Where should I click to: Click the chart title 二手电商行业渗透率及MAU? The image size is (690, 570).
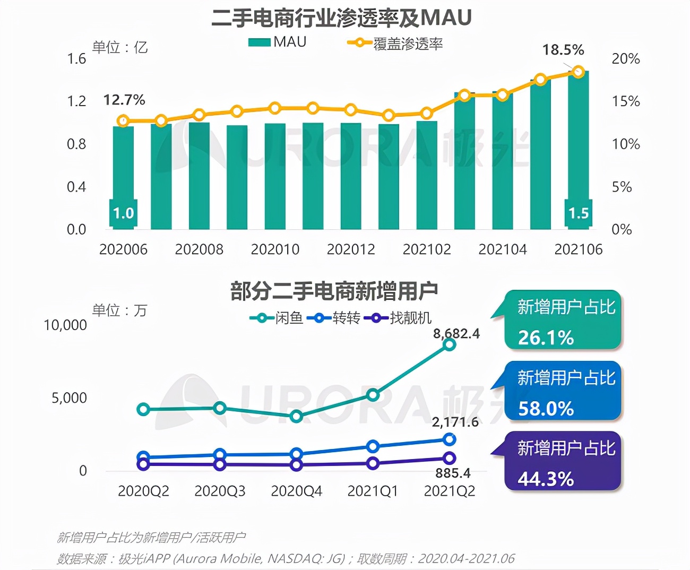pos(341,18)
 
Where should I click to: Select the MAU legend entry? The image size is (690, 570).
pos(277,42)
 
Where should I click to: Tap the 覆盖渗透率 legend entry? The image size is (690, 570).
pos(395,44)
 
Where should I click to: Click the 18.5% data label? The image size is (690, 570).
pos(563,50)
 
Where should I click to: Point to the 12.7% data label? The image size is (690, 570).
pos(124,100)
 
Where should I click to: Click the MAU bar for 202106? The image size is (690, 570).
pos(578,149)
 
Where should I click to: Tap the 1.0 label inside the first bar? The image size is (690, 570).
pos(123,213)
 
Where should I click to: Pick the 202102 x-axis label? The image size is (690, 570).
pos(427,249)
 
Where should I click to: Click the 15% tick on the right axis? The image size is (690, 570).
pos(625,101)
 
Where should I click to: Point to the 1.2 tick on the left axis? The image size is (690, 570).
pos(76,101)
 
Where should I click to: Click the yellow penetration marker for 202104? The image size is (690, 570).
pos(502,96)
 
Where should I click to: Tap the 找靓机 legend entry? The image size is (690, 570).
pos(398,318)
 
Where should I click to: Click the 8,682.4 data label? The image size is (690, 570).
pos(456,333)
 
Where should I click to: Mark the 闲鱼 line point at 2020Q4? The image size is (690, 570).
pos(297,416)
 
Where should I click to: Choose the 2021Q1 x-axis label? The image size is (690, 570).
pos(373,491)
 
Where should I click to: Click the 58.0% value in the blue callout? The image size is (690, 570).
pos(546,409)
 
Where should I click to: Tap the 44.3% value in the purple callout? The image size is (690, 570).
pos(546,479)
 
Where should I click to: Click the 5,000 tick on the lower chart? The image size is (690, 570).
pos(69,398)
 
